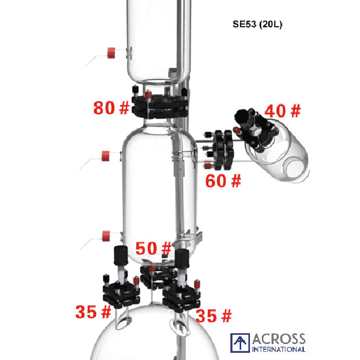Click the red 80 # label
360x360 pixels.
click(x=111, y=108)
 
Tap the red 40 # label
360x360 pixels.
click(x=282, y=111)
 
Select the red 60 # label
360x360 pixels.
click(x=223, y=181)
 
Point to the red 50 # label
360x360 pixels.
click(x=153, y=249)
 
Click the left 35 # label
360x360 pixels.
click(x=93, y=312)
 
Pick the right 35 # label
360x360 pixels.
click(x=213, y=315)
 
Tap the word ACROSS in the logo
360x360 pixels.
click(x=278, y=339)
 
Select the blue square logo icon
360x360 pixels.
click(x=240, y=343)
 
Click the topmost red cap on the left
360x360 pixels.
click(x=112, y=52)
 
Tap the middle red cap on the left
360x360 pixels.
click(x=106, y=155)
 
